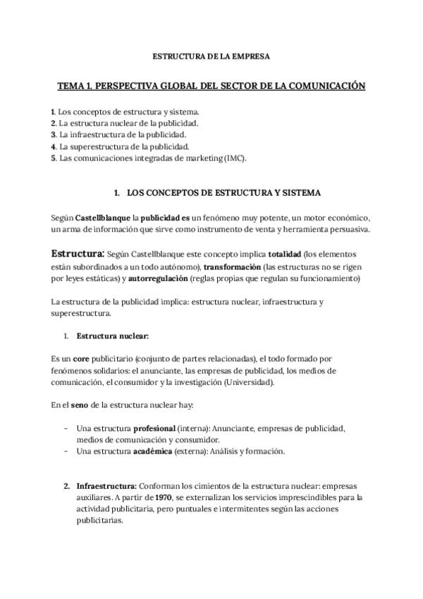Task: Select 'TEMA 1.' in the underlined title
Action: pyautogui.click(x=74, y=86)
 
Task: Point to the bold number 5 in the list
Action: pyautogui.click(x=54, y=159)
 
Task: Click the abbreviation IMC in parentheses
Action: pyautogui.click(x=234, y=159)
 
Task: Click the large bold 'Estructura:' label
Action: pyautogui.click(x=78, y=254)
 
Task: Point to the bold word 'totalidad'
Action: pyautogui.click(x=281, y=254)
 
